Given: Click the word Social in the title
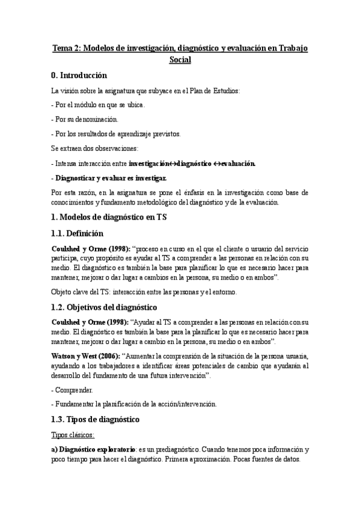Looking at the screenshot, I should click(180, 60).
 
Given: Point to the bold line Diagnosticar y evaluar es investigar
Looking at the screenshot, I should click(112, 178).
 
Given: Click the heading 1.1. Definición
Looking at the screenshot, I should click(77, 233).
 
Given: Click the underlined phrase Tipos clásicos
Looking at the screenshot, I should click(73, 434).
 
